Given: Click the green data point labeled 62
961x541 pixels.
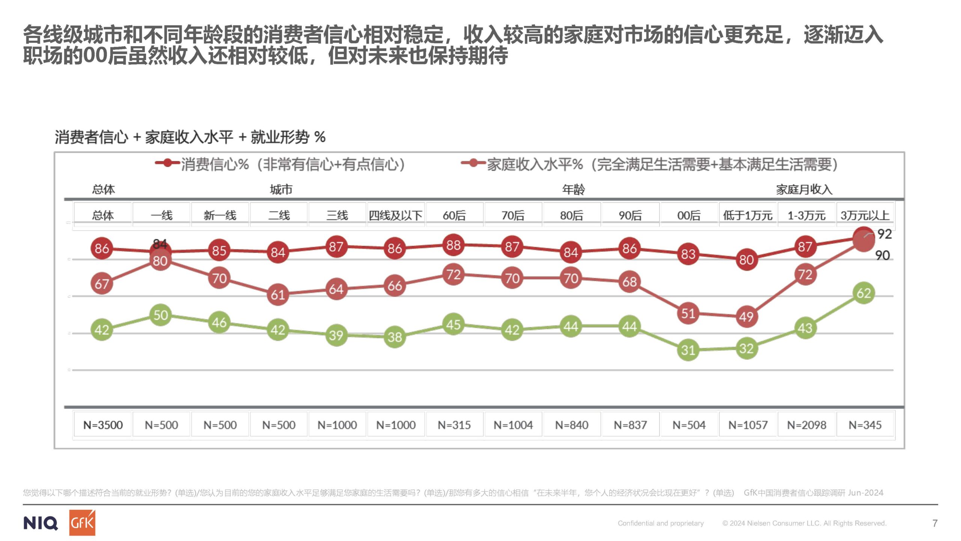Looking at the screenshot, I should coord(863,293).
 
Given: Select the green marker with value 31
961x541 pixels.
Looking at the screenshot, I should coord(688,350).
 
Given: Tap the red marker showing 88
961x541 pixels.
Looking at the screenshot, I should coord(453,245).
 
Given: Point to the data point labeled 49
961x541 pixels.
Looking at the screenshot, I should coord(746,317).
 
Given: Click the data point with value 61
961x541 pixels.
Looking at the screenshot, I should coord(278,295).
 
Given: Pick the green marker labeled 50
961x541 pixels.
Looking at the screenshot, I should coord(161,315).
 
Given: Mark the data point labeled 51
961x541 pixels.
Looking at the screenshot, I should coord(688,313).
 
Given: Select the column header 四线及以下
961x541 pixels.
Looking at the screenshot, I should coord(395,215).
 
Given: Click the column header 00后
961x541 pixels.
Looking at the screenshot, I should coord(688,215).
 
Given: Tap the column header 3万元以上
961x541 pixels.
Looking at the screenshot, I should coord(865,215).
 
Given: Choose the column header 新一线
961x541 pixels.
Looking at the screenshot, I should coord(220,215).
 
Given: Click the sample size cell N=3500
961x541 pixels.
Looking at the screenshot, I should coord(103,425).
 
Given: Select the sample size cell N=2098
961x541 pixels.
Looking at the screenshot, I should coord(806,425).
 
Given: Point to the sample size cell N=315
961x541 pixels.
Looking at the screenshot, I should coord(454,425).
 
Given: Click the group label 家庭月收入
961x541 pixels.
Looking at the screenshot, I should coord(804,189).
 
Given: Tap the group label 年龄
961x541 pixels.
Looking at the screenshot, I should coord(573,189).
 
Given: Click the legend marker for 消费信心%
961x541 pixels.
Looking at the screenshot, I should coord(167,163).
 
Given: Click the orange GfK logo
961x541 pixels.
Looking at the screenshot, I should coord(82,523).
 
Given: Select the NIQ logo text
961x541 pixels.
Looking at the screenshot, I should coord(41,523).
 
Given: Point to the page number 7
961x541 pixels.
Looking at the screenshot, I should coord(935,523).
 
